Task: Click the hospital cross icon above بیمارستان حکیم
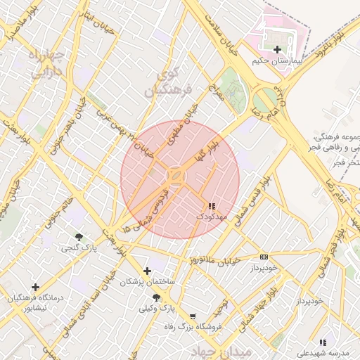(278, 49)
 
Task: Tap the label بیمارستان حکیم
(278, 61)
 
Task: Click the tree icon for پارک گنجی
(79, 237)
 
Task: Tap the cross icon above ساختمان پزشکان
(147, 271)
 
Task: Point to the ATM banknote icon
(264, 257)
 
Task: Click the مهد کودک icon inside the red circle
(212, 205)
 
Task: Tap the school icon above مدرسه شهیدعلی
(322, 342)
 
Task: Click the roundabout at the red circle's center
(176, 176)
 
